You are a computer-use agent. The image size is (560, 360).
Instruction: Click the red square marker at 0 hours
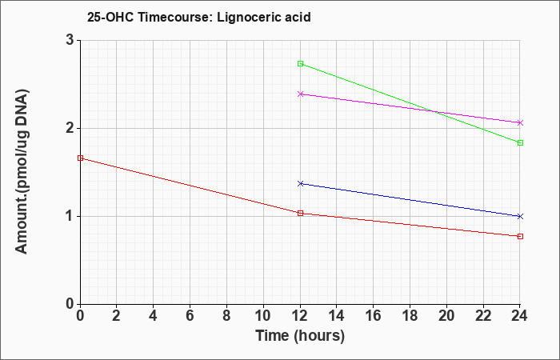(x=80, y=158)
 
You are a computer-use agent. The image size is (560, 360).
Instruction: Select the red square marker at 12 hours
(x=300, y=214)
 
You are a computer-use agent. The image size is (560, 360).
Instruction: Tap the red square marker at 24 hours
(x=520, y=237)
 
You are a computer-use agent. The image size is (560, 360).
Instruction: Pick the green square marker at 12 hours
(x=300, y=63)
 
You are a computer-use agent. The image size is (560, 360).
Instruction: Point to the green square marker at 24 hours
(x=520, y=143)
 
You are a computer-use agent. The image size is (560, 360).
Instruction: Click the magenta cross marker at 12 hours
(x=300, y=94)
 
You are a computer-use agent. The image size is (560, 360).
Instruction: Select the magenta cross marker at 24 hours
(x=520, y=123)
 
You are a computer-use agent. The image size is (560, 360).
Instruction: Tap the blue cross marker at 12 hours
(x=300, y=183)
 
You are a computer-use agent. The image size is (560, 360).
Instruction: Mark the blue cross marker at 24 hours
(x=520, y=217)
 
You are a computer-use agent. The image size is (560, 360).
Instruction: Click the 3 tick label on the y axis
(x=70, y=40)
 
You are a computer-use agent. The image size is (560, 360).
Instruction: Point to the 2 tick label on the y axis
(x=70, y=128)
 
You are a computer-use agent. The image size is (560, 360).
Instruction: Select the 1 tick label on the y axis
(x=70, y=217)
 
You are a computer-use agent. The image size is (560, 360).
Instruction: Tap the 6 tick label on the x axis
(x=190, y=316)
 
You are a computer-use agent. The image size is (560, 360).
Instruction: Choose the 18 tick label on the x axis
(x=410, y=316)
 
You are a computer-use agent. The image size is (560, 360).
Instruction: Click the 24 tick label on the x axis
(x=520, y=316)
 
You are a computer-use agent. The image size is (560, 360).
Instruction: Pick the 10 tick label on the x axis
(x=263, y=316)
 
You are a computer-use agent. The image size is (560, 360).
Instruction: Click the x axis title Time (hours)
(x=300, y=336)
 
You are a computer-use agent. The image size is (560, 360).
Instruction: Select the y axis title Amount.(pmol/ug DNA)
(x=22, y=171)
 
